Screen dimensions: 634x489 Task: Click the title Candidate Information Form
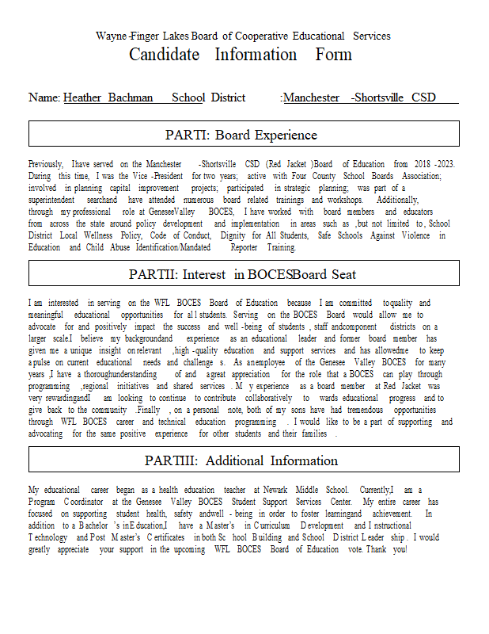coord(241,55)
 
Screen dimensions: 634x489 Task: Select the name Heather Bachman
coord(108,97)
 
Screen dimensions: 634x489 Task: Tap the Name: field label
coord(44,97)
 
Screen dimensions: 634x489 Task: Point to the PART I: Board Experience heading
coord(241,135)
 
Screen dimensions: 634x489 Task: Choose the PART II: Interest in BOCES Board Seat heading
coord(242,274)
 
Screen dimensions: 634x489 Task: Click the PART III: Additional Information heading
coord(241,460)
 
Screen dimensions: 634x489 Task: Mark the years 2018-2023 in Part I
coord(434,164)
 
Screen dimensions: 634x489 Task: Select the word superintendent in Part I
coord(55,201)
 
